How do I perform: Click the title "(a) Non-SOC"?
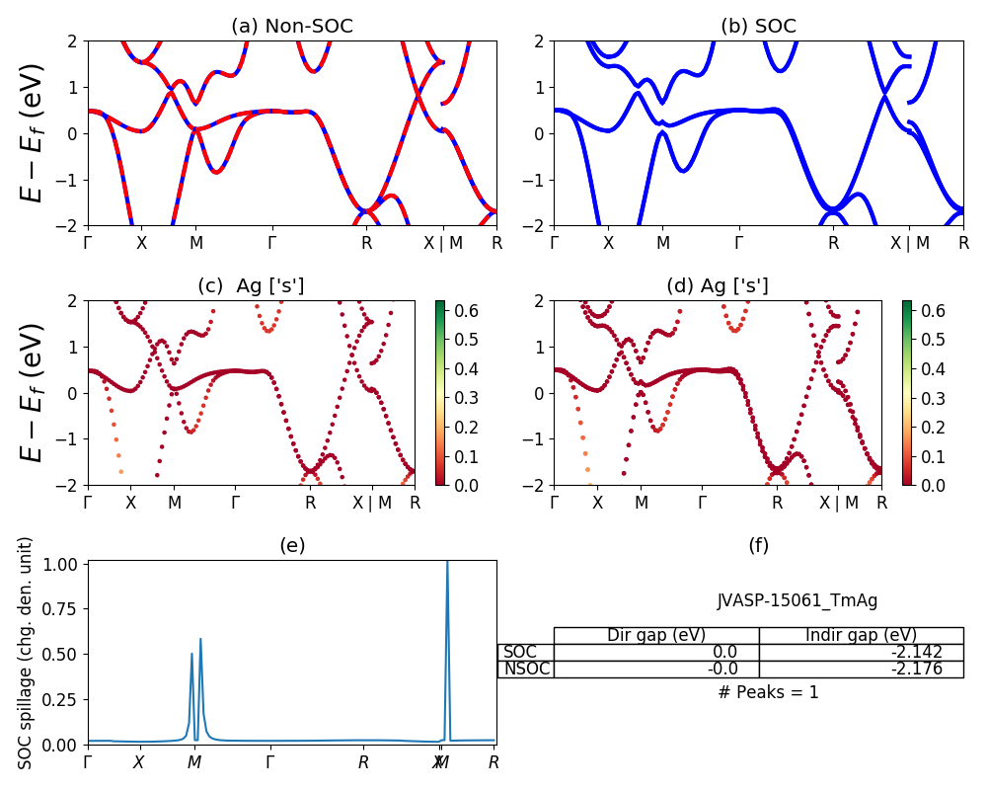[291, 26]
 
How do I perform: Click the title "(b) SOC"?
[758, 26]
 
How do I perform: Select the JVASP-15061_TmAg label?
[797, 600]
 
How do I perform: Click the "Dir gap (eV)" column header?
[655, 635]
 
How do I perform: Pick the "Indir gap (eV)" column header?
[861, 635]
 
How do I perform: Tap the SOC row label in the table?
[520, 652]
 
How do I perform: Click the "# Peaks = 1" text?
[768, 692]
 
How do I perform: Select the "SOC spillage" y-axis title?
[27, 653]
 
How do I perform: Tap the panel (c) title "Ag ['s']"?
[251, 285]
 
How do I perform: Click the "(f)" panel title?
[758, 545]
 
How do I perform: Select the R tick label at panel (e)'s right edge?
[493, 762]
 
